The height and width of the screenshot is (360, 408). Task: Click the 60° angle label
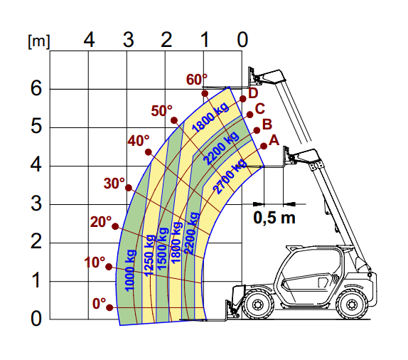click(197, 80)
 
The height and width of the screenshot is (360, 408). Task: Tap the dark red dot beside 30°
click(129, 188)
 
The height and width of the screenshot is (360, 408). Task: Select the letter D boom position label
click(253, 93)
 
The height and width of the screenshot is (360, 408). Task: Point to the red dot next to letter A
click(264, 146)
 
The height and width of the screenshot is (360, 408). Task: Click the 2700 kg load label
click(230, 176)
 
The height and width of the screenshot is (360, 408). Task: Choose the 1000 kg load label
click(130, 270)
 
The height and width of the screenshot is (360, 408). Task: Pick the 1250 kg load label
click(149, 255)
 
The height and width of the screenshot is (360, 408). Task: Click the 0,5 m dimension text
click(274, 218)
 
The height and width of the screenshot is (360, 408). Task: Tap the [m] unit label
click(38, 41)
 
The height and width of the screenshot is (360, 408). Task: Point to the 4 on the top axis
click(89, 40)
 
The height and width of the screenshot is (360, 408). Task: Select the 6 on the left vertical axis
click(36, 88)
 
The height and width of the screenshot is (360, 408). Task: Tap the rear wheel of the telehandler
click(352, 304)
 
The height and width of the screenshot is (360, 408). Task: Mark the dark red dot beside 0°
click(109, 307)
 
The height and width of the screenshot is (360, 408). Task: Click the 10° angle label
click(95, 262)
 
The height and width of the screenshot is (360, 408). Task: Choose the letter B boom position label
click(267, 125)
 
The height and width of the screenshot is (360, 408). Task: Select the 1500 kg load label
click(162, 248)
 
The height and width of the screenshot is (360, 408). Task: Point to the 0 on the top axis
click(242, 40)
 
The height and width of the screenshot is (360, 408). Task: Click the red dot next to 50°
click(174, 120)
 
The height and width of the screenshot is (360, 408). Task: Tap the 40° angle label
click(139, 141)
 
